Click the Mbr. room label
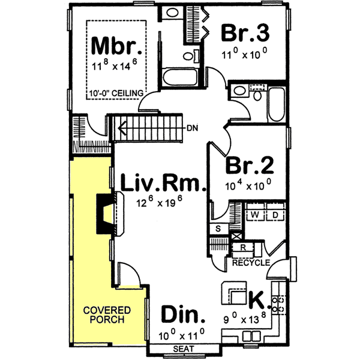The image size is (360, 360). [x=118, y=46]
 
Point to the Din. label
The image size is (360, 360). [x=184, y=315]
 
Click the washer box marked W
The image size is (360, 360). [x=254, y=215]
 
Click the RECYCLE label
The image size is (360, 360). [x=250, y=263]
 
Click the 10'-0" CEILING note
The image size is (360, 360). [x=117, y=93]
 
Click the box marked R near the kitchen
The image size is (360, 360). [x=242, y=247]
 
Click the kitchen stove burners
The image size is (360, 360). [x=279, y=303]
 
